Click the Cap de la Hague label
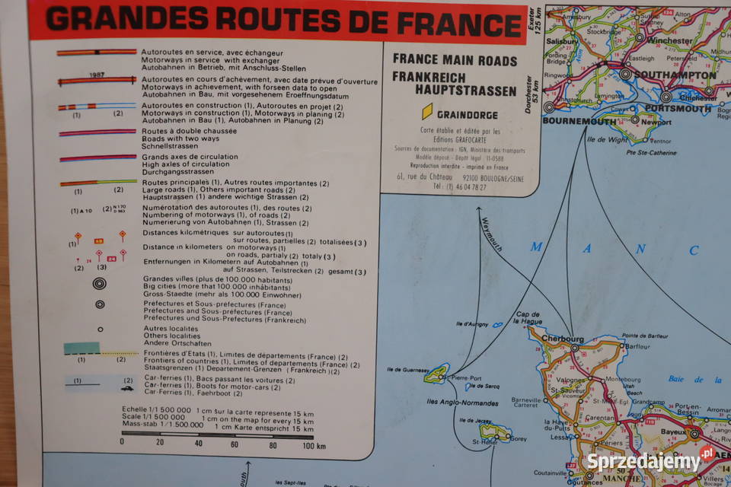coord(528,318)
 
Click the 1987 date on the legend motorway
coord(97,75)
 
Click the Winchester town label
coord(671,41)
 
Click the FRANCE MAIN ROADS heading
coord(455,61)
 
